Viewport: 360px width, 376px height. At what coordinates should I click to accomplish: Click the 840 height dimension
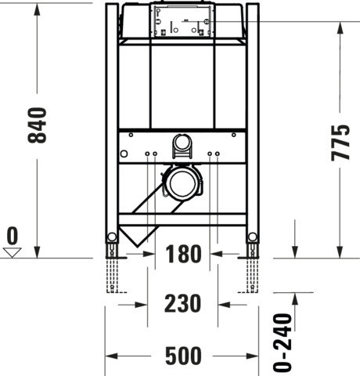(x=37, y=125)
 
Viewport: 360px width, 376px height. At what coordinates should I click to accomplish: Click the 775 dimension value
(x=340, y=143)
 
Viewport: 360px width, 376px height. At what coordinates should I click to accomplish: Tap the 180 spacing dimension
(x=183, y=254)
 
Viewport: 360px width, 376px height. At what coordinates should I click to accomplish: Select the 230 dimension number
(x=182, y=303)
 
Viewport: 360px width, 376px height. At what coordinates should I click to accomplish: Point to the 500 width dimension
(x=183, y=356)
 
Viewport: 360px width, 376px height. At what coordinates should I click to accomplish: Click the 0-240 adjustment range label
(x=283, y=342)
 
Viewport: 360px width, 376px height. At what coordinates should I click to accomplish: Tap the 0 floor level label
(x=13, y=235)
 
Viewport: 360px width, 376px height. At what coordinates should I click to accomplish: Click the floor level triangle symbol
(x=13, y=253)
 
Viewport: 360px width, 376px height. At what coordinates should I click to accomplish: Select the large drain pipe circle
(x=182, y=183)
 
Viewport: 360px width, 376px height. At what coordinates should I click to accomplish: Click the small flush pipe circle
(x=182, y=143)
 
